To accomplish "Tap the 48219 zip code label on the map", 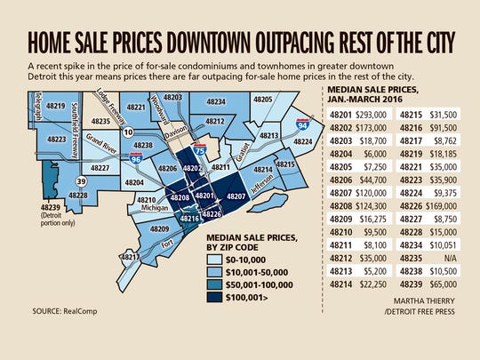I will pos(57,106).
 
